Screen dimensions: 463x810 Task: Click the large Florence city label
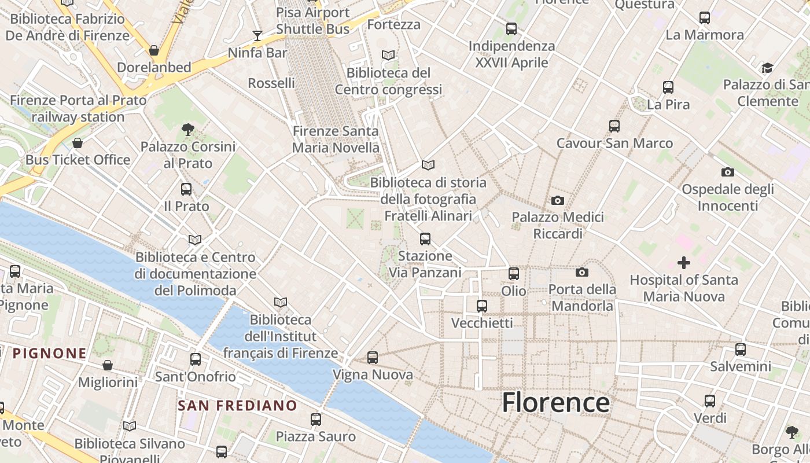555,402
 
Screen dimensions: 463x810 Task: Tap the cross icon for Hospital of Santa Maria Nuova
683,263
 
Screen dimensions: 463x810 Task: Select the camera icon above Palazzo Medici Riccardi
557,201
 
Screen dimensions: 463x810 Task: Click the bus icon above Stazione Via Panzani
425,238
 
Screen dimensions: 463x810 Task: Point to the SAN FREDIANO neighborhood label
237,406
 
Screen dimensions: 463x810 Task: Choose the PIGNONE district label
50,353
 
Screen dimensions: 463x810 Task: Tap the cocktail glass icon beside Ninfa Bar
257,36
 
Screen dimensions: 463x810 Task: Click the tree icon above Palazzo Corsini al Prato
187,129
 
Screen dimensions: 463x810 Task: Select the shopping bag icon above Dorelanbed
154,50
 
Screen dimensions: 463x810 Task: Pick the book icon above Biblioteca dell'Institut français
281,302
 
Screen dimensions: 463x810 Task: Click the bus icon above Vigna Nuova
373,358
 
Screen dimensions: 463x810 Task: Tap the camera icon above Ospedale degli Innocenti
728,172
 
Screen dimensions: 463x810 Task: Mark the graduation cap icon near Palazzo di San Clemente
767,68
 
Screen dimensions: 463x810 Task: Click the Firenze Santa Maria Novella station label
336,139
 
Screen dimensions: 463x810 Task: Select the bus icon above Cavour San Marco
614,126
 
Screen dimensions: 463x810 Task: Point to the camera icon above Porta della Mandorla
581,272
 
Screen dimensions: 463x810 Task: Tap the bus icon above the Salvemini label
741,349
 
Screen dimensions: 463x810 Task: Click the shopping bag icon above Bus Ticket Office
78,142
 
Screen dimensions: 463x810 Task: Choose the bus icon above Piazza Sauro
316,419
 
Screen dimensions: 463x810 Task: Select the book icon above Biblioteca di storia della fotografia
428,166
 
